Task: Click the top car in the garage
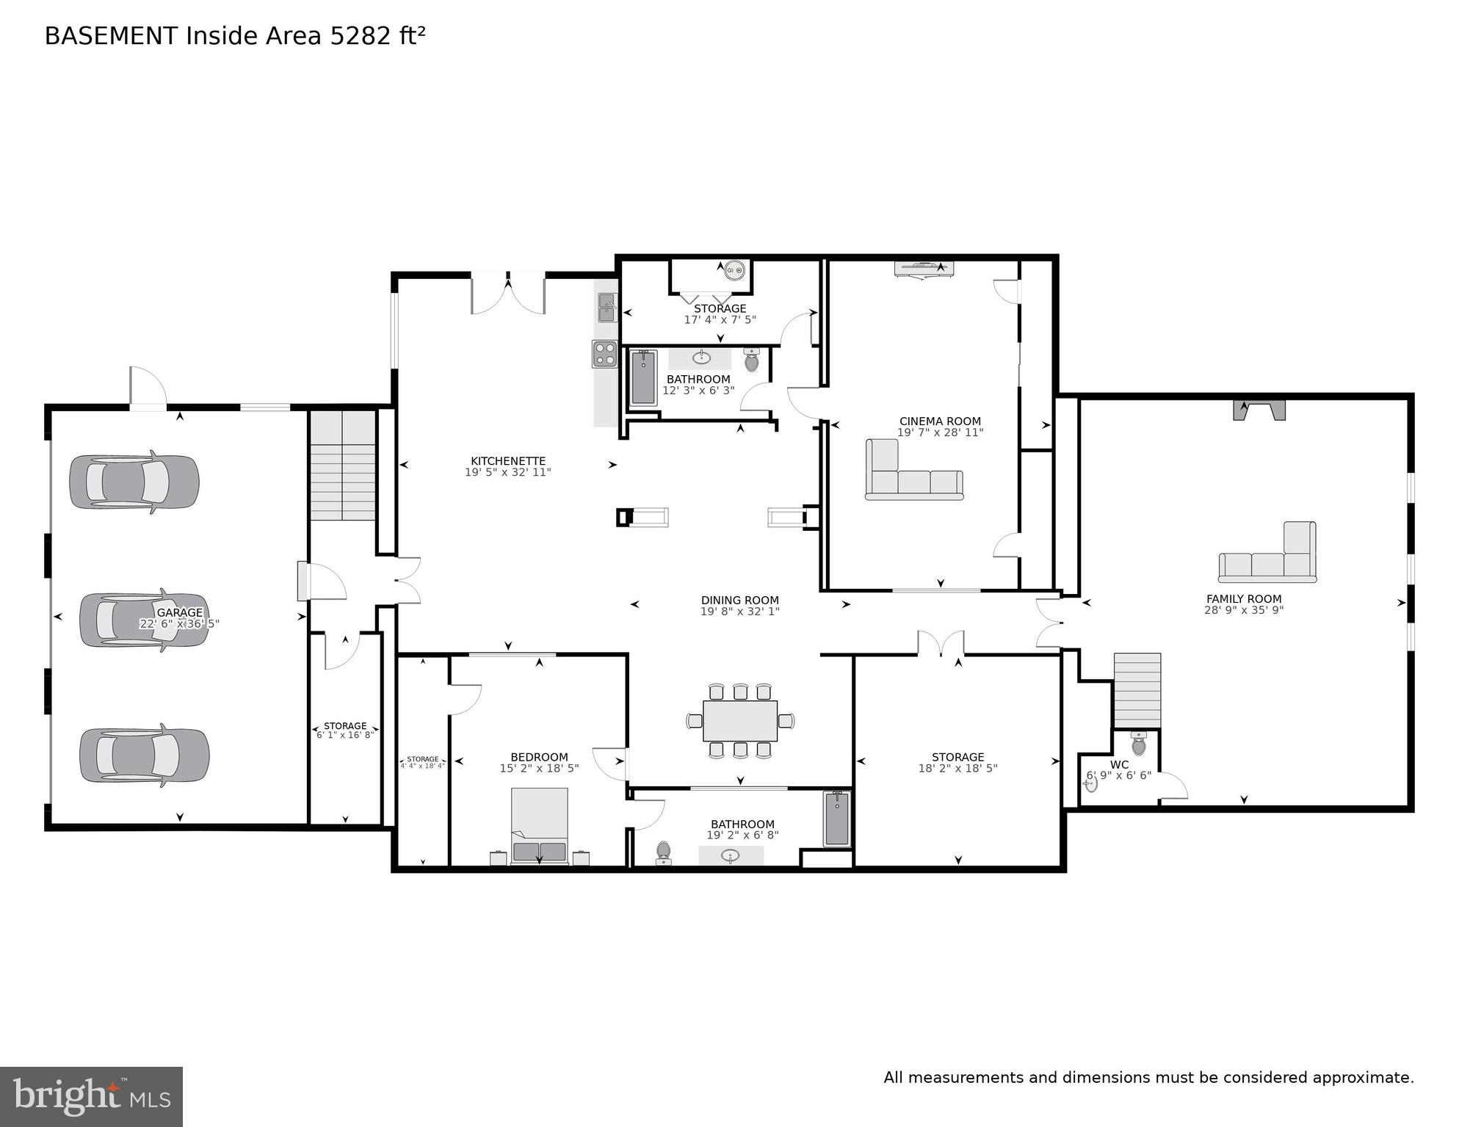(134, 482)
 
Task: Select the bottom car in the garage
(144, 755)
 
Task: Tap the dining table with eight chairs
(739, 721)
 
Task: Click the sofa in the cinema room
(913, 476)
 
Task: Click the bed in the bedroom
(540, 826)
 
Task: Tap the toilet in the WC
(1138, 744)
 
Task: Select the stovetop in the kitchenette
(605, 354)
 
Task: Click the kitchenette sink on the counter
(607, 308)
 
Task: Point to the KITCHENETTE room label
(508, 461)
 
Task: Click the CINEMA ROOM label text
(940, 421)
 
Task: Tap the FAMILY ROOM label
(1244, 599)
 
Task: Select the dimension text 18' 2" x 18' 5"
(957, 769)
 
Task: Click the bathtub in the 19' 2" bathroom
(836, 819)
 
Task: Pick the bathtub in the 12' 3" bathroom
(643, 377)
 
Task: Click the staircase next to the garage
(343, 465)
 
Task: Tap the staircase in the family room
(1137, 690)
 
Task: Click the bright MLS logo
(91, 1097)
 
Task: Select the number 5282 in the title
(361, 36)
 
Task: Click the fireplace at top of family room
(1259, 410)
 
